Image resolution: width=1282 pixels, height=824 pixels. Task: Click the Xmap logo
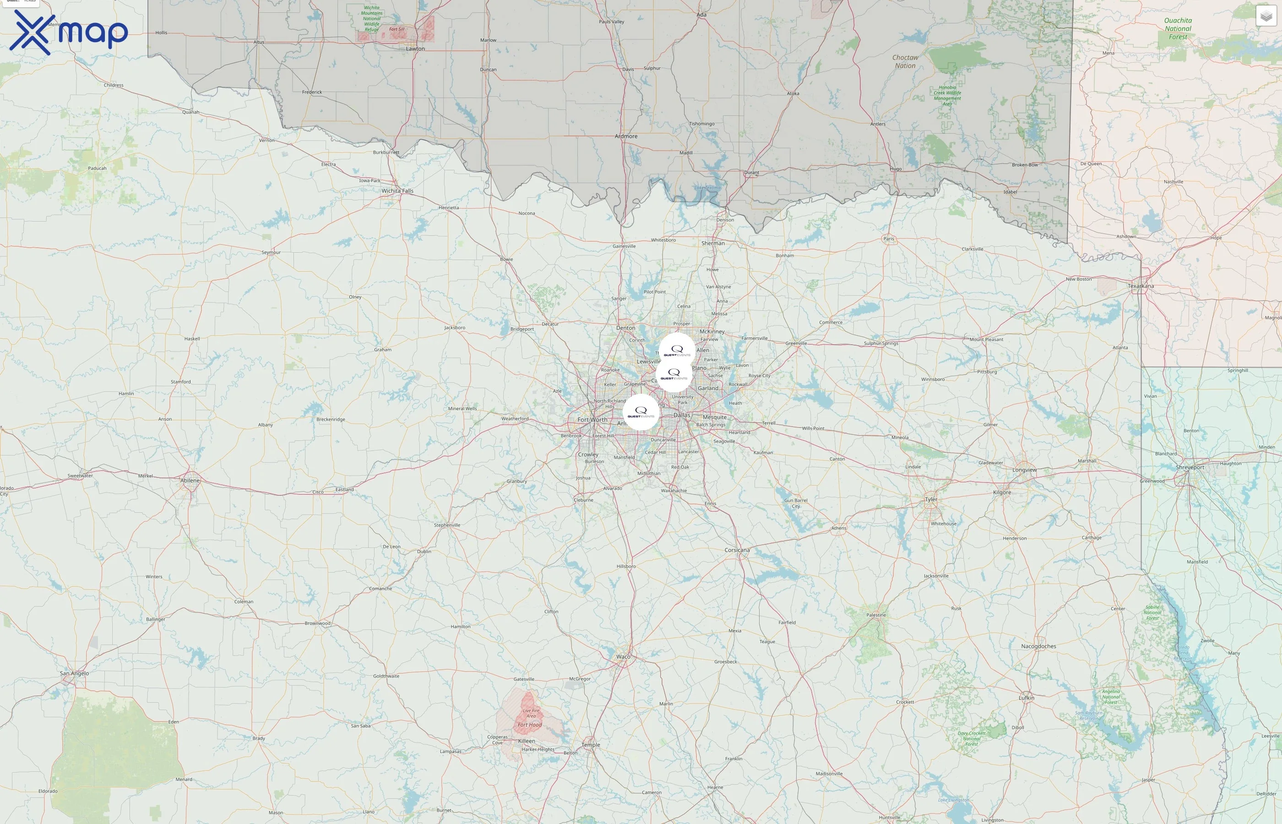(x=69, y=32)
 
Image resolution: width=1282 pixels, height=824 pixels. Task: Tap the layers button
(x=1266, y=16)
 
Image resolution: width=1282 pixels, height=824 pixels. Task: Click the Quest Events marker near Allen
(x=677, y=351)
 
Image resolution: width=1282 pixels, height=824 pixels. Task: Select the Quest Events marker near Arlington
(x=641, y=412)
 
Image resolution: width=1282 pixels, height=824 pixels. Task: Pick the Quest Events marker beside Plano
(x=674, y=374)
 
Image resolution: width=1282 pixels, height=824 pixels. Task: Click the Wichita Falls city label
(x=397, y=191)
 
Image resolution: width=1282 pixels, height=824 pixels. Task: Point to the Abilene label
(x=190, y=481)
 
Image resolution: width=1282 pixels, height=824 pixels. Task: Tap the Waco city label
(x=623, y=656)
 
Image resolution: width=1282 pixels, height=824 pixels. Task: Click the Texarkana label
(x=1141, y=286)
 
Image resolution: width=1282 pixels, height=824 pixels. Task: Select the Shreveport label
(x=1190, y=467)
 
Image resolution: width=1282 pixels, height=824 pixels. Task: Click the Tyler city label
(x=931, y=499)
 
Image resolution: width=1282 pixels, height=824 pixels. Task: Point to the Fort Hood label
(x=530, y=725)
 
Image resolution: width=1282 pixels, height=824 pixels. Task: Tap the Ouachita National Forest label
(x=1178, y=29)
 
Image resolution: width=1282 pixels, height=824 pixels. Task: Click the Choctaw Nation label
(x=905, y=61)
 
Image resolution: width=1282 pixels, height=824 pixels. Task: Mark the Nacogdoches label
(x=1038, y=646)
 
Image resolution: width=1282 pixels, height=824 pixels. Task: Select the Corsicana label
(x=737, y=550)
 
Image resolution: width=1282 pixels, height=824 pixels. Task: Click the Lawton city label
(x=415, y=49)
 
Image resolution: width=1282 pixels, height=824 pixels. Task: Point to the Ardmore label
(x=626, y=136)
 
